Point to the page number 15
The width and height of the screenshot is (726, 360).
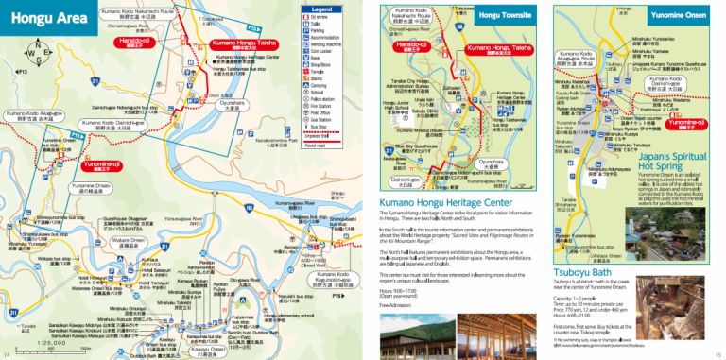717,353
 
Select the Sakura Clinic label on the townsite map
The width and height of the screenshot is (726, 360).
423,110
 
